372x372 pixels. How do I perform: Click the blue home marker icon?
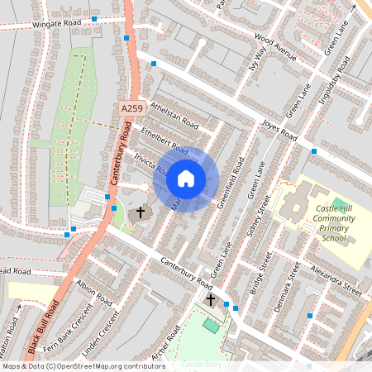coord(186,179)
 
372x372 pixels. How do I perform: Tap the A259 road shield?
coord(131,109)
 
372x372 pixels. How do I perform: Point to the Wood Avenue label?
coord(275,48)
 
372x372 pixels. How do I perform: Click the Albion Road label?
coord(93,293)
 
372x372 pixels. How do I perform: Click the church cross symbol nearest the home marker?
coord(141,212)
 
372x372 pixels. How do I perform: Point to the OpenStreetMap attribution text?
coord(83,365)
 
